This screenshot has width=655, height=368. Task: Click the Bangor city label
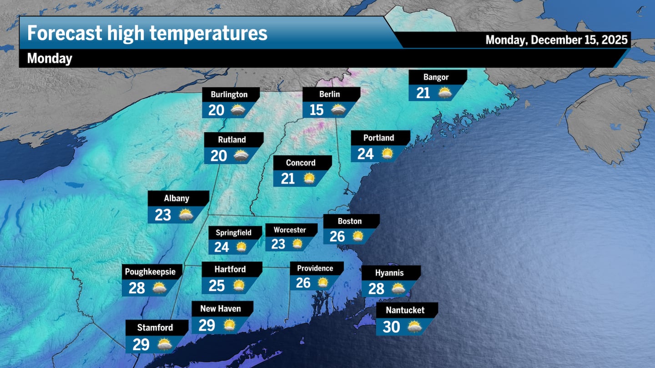pyautogui.click(x=436, y=77)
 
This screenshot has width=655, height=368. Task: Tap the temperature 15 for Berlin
pyautogui.click(x=317, y=109)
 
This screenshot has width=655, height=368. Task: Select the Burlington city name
pyautogui.click(x=229, y=94)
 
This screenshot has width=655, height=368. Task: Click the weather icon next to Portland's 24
pyautogui.click(x=387, y=154)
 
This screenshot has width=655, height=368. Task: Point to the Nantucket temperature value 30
pyautogui.click(x=391, y=327)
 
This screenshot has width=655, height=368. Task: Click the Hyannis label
pyautogui.click(x=389, y=273)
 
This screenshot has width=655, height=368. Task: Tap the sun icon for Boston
pyautogui.click(x=358, y=236)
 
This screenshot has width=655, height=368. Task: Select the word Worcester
pyautogui.click(x=290, y=230)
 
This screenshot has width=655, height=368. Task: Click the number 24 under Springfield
pyautogui.click(x=222, y=247)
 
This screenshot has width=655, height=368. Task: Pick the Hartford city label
pyautogui.click(x=230, y=269)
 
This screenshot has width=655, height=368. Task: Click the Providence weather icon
pyautogui.click(x=322, y=283)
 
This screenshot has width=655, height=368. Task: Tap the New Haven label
pyautogui.click(x=221, y=309)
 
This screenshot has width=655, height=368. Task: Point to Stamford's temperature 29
pyautogui.click(x=141, y=345)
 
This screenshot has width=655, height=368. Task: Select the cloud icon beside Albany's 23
pyautogui.click(x=186, y=214)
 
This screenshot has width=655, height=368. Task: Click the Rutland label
pyautogui.click(x=232, y=139)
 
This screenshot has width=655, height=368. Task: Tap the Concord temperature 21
pyautogui.click(x=288, y=179)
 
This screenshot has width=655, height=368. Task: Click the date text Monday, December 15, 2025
pyautogui.click(x=557, y=40)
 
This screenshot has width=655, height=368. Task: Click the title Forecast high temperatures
pyautogui.click(x=147, y=33)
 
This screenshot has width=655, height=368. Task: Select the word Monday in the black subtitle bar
pyautogui.click(x=50, y=59)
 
